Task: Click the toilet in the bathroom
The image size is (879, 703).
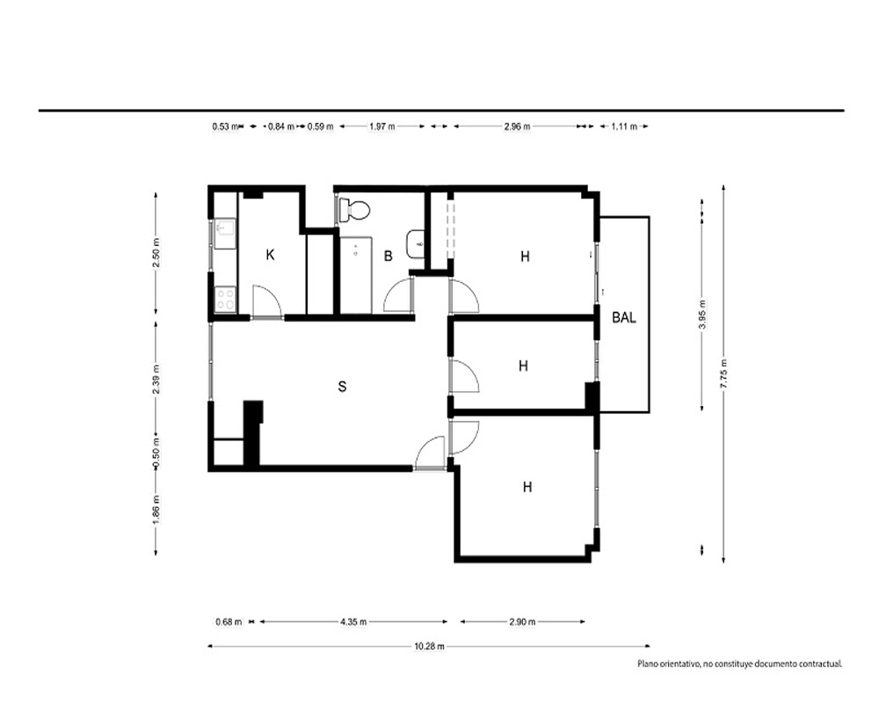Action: [354, 210]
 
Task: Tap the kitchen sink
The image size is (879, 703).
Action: [225, 233]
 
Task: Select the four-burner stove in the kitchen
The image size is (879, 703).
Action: [225, 299]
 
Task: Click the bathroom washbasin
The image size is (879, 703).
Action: [416, 244]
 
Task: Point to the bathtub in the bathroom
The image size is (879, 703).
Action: [356, 275]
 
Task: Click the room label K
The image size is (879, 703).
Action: [270, 255]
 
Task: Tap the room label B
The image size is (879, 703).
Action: [388, 257]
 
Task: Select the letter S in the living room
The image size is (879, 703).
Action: [342, 387]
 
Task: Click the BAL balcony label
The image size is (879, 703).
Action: [624, 317]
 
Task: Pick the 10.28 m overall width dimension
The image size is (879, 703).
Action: [430, 647]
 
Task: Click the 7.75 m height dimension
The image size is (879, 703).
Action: [723, 373]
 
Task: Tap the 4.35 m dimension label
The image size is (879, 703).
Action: [353, 621]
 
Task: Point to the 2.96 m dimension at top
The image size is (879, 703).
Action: [516, 127]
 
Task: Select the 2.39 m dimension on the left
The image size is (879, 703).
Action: [156, 379]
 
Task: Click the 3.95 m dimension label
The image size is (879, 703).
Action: [701, 314]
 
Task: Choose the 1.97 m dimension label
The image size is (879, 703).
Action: [381, 127]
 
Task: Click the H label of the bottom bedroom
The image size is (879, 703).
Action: [527, 487]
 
